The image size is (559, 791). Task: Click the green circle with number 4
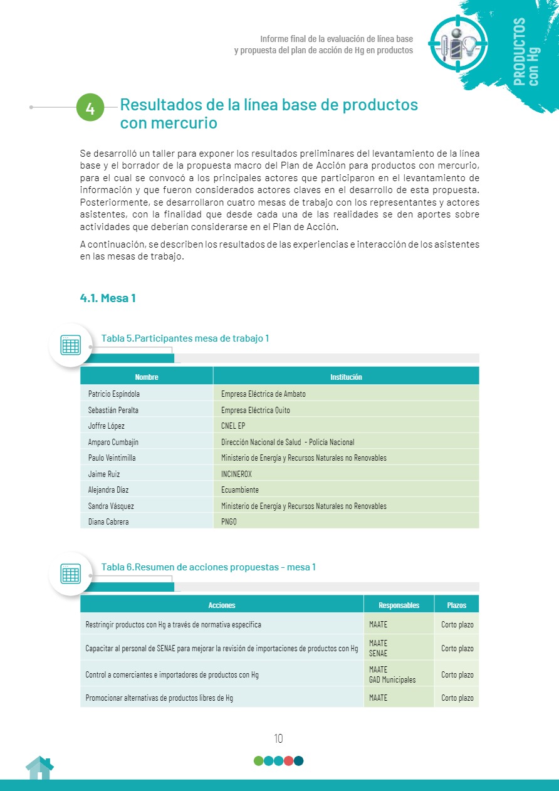tap(90, 108)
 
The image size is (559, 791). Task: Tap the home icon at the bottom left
tap(39, 768)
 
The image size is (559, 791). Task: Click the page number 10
tap(278, 738)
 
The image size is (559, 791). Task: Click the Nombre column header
tap(147, 377)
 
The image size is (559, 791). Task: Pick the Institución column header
tap(346, 377)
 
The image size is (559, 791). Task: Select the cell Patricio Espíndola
tap(114, 394)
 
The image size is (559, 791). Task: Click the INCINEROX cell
tap(236, 474)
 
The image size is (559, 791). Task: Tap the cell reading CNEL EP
tap(233, 426)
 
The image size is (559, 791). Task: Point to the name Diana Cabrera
tap(108, 521)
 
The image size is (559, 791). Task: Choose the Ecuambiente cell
tap(240, 490)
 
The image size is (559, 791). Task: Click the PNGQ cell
tap(229, 521)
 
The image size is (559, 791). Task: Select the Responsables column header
tap(399, 605)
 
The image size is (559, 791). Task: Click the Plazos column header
tap(456, 605)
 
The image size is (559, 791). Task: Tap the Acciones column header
tap(222, 605)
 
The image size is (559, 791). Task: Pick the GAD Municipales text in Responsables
tap(392, 679)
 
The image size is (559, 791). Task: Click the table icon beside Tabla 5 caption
tap(70, 345)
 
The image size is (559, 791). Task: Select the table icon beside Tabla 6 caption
tap(70, 574)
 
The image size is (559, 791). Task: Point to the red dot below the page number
tap(288, 761)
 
